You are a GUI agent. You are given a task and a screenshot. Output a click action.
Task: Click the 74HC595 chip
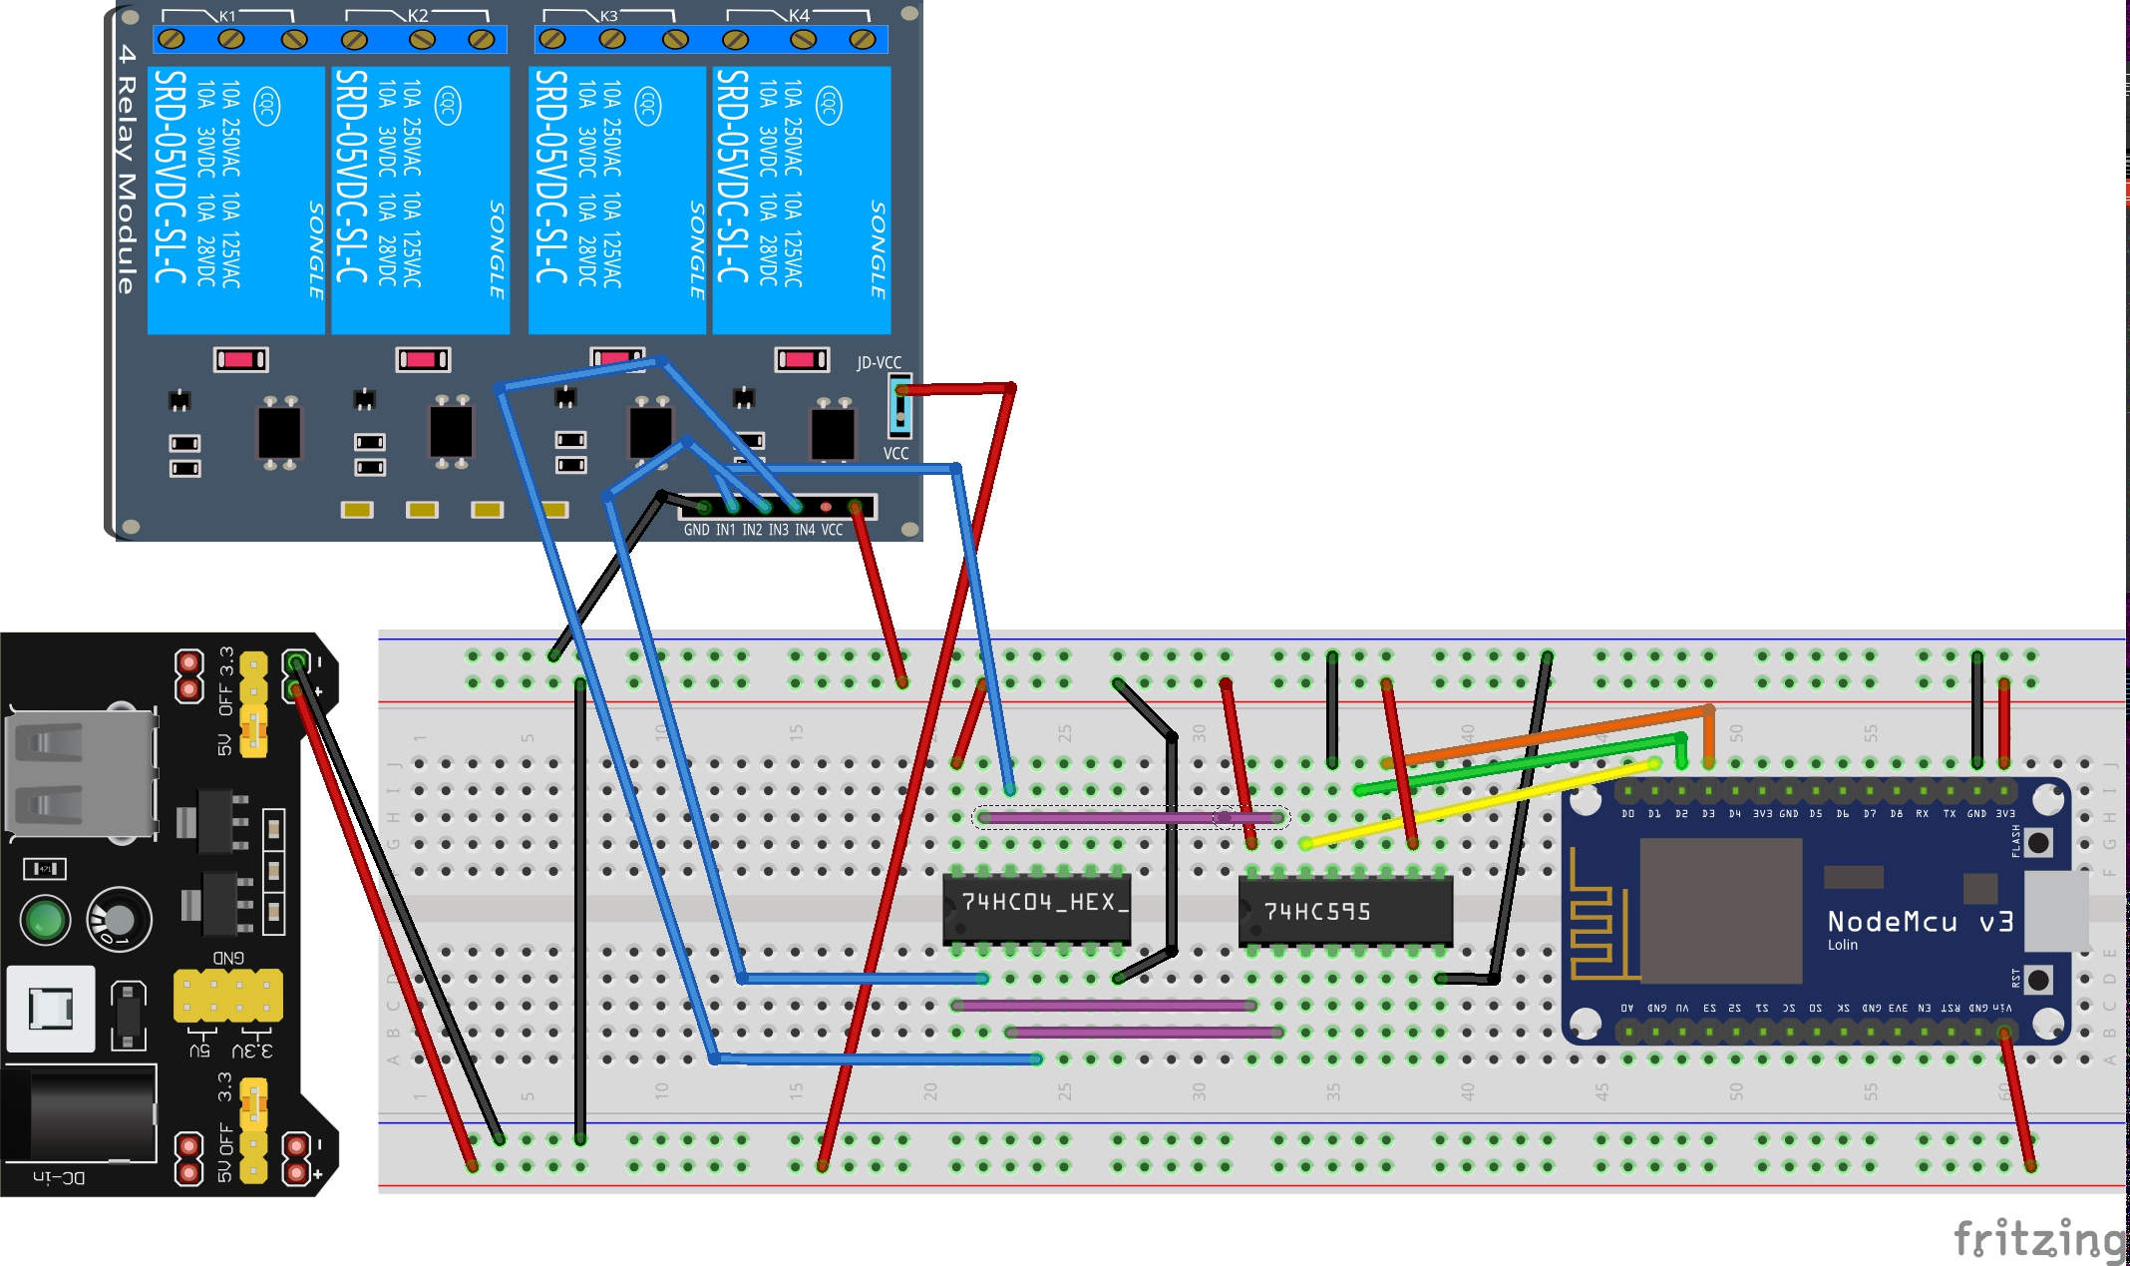tap(1344, 911)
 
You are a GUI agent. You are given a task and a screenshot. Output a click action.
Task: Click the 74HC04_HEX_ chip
tap(1036, 906)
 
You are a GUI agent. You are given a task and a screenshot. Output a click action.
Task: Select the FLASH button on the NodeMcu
tap(2038, 842)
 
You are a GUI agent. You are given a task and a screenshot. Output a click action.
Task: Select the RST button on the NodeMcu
tap(2038, 979)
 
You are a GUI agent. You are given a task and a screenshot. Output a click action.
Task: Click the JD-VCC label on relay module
tap(879, 362)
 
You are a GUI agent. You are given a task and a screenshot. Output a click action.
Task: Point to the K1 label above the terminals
tap(227, 16)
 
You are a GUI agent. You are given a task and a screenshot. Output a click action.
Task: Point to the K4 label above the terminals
tap(799, 16)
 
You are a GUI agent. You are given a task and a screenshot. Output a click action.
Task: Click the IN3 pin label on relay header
tap(778, 530)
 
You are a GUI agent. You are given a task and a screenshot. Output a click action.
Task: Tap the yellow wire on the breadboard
tap(1476, 804)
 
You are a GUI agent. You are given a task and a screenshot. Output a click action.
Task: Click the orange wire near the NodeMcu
tap(1546, 736)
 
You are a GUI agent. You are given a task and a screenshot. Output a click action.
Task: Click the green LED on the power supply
tap(45, 920)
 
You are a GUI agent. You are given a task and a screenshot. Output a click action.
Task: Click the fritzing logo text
tap(2038, 1239)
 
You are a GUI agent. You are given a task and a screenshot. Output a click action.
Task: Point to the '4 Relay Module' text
tap(126, 170)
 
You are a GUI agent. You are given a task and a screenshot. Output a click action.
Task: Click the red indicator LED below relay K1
tap(240, 359)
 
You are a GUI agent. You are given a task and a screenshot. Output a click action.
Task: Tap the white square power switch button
tap(51, 1008)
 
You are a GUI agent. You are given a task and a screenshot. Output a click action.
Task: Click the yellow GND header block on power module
tap(227, 995)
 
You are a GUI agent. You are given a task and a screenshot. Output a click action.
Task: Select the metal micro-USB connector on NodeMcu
tap(2056, 911)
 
